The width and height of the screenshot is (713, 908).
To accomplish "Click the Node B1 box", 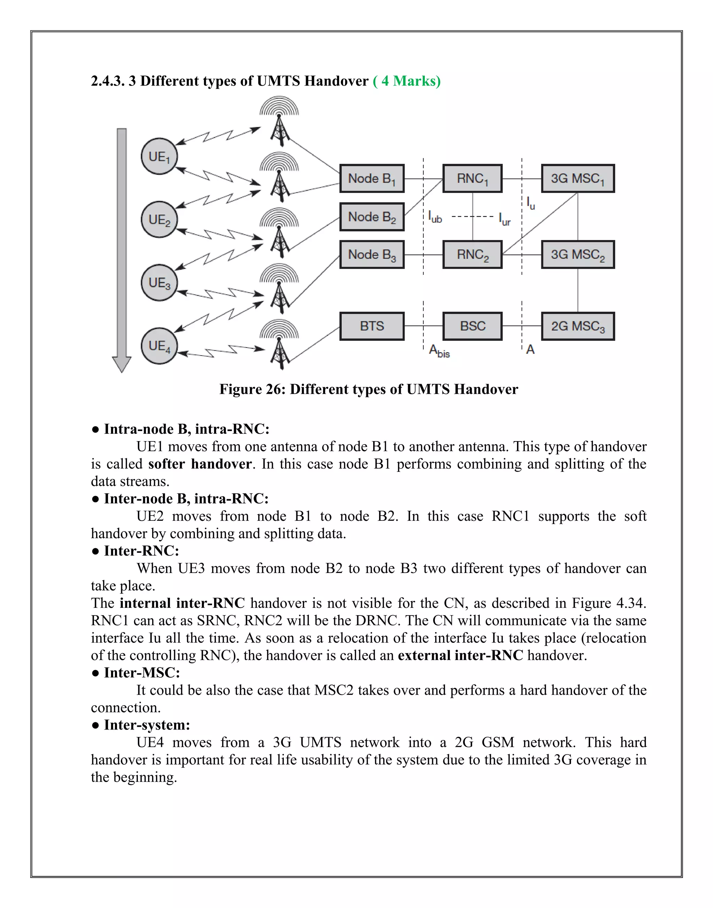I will pyautogui.click(x=371, y=178).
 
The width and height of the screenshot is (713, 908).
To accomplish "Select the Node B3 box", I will pyautogui.click(x=371, y=254).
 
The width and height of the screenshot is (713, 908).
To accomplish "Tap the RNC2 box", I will pyautogui.click(x=472, y=254).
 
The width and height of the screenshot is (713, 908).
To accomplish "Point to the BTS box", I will pyautogui.click(x=371, y=326).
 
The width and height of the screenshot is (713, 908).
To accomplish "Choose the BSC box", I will pyautogui.click(x=472, y=326).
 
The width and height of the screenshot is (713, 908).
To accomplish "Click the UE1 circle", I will pyautogui.click(x=159, y=157).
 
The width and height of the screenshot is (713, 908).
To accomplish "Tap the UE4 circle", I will pyautogui.click(x=159, y=346).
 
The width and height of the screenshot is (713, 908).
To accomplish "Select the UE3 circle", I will pyautogui.click(x=159, y=283).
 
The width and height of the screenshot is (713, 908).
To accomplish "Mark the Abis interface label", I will pyautogui.click(x=439, y=351).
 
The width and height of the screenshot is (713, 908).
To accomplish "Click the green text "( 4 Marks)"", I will pyautogui.click(x=407, y=81).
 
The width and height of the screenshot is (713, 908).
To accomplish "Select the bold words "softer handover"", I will pyautogui.click(x=200, y=464).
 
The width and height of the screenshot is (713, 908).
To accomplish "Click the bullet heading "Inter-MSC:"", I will pyautogui.click(x=141, y=672).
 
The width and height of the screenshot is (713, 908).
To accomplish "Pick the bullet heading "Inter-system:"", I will pyautogui.click(x=147, y=724).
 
